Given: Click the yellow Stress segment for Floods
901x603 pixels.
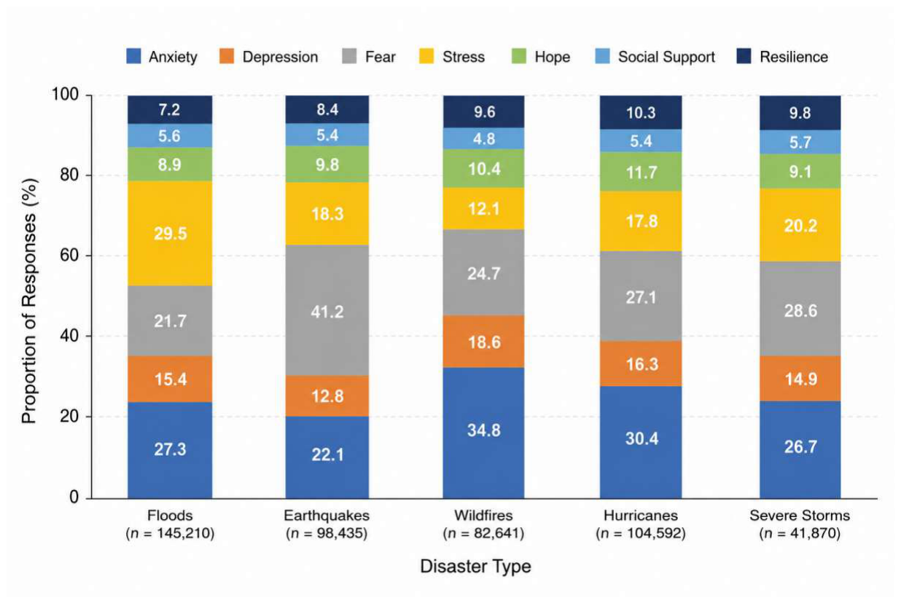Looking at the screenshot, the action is click(170, 233).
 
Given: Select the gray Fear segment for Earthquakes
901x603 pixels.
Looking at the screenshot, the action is click(327, 310).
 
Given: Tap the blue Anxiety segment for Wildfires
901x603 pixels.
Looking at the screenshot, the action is click(483, 433).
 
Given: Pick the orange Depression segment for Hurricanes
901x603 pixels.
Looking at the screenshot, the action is click(641, 363).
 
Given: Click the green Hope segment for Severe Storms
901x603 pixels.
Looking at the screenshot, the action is click(800, 172).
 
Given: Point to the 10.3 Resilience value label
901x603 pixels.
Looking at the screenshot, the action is click(641, 113).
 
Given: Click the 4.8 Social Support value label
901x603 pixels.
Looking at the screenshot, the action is click(484, 139).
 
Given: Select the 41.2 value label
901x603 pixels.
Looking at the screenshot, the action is click(327, 312).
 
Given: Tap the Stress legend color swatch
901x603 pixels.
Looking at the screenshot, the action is click(426, 56).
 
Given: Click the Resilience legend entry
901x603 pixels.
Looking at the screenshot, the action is click(782, 56).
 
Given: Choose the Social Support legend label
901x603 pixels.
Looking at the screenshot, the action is click(666, 57).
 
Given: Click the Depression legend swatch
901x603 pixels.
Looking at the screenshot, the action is click(227, 56).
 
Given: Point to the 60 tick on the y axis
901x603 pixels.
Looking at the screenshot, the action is click(69, 256).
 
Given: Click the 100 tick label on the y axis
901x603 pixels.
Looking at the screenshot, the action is click(65, 95).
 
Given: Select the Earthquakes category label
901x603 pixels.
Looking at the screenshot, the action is click(327, 516).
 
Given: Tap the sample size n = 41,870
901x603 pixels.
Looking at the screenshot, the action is click(800, 534).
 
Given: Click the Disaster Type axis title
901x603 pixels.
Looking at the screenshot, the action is click(475, 567).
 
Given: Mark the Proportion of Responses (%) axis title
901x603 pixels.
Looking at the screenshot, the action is click(29, 301).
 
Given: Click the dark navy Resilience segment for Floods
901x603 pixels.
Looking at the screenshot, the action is click(170, 110).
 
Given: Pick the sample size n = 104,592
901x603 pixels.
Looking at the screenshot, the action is click(641, 534).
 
